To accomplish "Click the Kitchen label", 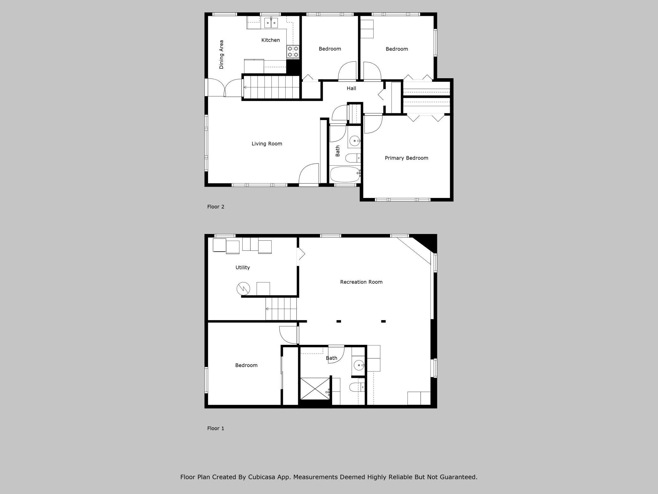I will pyautogui.click(x=270, y=40).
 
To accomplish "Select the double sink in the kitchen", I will pyautogui.click(x=271, y=23).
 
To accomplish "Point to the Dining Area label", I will pyautogui.click(x=221, y=54).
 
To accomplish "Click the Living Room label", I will pyautogui.click(x=267, y=144).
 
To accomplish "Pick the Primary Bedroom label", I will pyautogui.click(x=406, y=158).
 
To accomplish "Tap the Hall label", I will pyautogui.click(x=351, y=88).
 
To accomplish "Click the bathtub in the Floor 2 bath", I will pyautogui.click(x=345, y=174).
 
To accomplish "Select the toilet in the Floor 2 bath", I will pyautogui.click(x=352, y=158).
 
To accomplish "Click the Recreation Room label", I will pyautogui.click(x=361, y=282).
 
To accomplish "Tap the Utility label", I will pyautogui.click(x=242, y=268).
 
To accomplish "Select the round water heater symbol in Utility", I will pyautogui.click(x=243, y=288).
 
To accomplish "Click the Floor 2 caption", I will pyautogui.click(x=215, y=207).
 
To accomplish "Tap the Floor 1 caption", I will pyautogui.click(x=215, y=428).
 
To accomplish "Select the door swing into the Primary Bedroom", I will pyautogui.click(x=373, y=124).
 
